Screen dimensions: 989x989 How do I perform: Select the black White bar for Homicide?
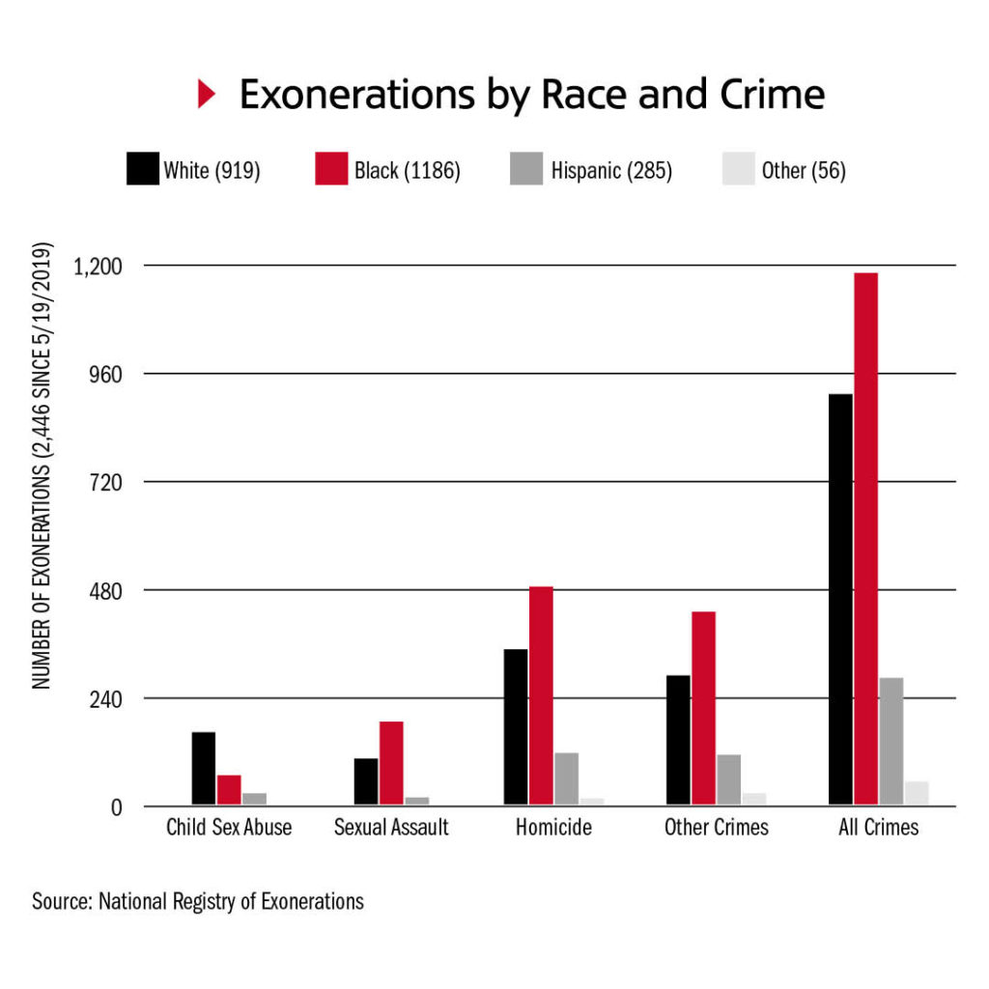pos(516,726)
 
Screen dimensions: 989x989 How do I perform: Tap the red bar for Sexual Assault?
pos(391,763)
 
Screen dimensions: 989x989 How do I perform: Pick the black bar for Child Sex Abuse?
pos(204,768)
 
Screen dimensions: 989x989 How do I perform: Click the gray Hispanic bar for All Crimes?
pos(891,741)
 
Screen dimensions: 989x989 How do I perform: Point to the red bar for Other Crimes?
pos(703,708)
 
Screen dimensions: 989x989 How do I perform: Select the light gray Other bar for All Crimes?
pos(917,793)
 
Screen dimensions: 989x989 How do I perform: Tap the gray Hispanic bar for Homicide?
pos(566,778)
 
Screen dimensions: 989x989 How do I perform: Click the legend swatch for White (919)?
pos(141,170)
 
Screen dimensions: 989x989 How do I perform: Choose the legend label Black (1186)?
pos(407,171)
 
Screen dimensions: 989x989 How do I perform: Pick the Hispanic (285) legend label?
pos(611,171)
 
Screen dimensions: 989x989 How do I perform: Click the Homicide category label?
pos(553,828)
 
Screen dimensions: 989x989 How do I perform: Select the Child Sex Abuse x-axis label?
pos(229,828)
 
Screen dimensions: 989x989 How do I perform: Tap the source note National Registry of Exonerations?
pos(198,902)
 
